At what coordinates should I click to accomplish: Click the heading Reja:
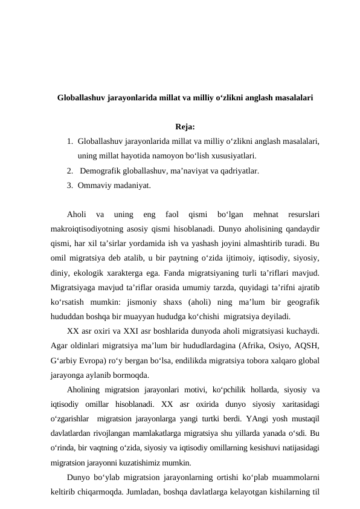click(x=185, y=127)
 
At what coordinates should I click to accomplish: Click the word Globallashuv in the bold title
click(x=81, y=97)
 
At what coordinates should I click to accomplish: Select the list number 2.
click(x=70, y=170)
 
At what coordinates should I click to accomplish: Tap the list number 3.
click(x=70, y=185)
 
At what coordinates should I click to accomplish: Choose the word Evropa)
click(x=100, y=360)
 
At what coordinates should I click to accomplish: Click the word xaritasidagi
click(x=295, y=403)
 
